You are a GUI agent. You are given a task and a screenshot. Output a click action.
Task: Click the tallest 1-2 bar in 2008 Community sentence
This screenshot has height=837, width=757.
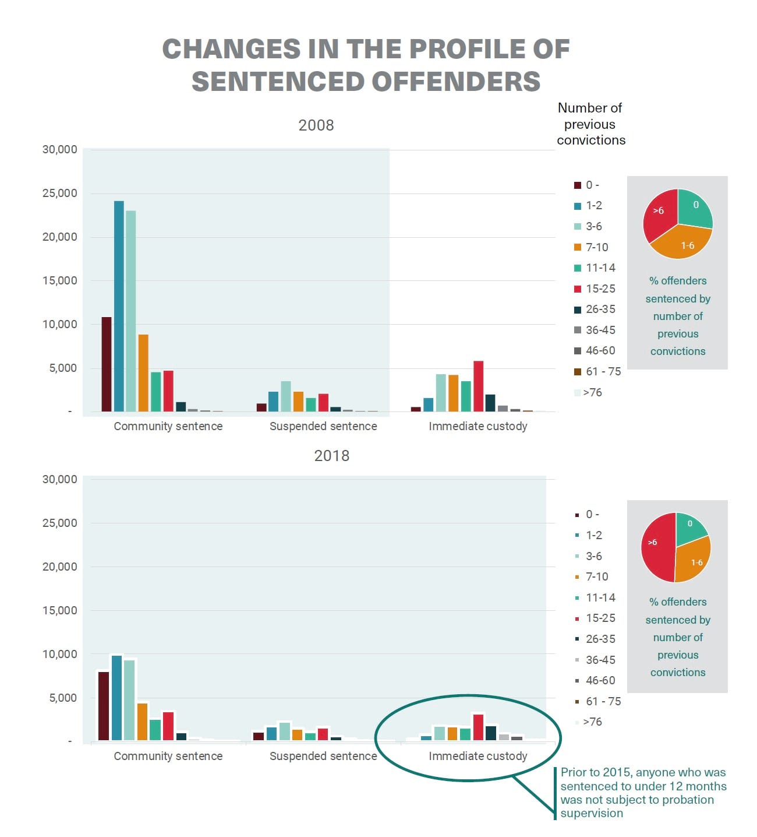point(119,306)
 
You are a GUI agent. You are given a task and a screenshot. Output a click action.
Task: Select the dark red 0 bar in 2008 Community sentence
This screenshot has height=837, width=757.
point(107,364)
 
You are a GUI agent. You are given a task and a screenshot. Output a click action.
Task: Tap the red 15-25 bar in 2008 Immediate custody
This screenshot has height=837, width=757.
point(478,386)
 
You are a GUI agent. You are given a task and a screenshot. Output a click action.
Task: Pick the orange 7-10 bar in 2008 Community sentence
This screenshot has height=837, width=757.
point(143,373)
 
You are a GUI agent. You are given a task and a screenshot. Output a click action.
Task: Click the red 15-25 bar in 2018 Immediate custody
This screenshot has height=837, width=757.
point(478,727)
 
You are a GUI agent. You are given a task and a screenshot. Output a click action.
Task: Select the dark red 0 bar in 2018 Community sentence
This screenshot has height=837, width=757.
point(104,706)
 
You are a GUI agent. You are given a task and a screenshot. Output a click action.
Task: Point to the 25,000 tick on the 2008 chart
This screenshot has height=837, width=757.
point(59,194)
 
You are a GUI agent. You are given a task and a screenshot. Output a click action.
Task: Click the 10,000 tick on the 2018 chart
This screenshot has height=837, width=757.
point(59,654)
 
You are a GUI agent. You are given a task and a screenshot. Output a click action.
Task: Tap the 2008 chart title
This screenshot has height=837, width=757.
point(316,125)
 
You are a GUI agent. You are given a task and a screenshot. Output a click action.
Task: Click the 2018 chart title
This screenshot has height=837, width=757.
point(331,456)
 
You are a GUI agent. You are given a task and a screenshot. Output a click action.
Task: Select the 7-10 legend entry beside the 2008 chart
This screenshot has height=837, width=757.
point(596,247)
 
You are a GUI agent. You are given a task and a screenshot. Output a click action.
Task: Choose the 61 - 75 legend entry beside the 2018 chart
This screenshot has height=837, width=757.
point(603,701)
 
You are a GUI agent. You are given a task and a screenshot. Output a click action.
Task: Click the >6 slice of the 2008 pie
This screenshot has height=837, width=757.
point(659,216)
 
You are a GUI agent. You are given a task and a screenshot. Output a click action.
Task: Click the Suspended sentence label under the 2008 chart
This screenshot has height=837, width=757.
point(323,426)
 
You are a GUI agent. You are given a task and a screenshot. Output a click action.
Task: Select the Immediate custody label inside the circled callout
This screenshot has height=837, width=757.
point(477,756)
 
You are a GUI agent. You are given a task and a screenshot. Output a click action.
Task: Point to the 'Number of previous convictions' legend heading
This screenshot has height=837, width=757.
point(590,124)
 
